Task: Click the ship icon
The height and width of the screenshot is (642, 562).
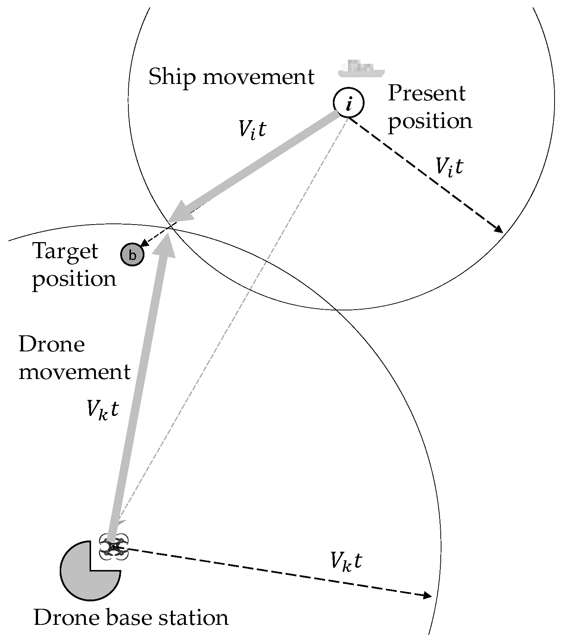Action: click(x=361, y=69)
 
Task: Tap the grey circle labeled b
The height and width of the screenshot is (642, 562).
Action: click(x=132, y=255)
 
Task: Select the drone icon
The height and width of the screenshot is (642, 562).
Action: click(x=114, y=547)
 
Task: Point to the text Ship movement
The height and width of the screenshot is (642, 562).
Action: click(x=231, y=77)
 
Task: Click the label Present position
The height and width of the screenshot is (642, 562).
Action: click(x=430, y=107)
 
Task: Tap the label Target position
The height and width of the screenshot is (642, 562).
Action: click(x=74, y=265)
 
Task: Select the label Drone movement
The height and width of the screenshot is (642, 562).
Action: click(x=74, y=358)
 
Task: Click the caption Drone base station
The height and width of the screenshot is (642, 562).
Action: click(x=131, y=617)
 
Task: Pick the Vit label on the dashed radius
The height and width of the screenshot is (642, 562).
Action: click(x=449, y=166)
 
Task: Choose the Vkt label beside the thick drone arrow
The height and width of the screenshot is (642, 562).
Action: click(x=102, y=409)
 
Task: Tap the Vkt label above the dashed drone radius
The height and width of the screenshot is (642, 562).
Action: click(x=346, y=561)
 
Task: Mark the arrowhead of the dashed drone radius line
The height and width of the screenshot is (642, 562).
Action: click(x=427, y=595)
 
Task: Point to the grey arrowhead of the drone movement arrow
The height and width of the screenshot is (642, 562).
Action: click(x=166, y=244)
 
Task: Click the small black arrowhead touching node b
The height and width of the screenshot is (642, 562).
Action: click(x=145, y=245)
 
